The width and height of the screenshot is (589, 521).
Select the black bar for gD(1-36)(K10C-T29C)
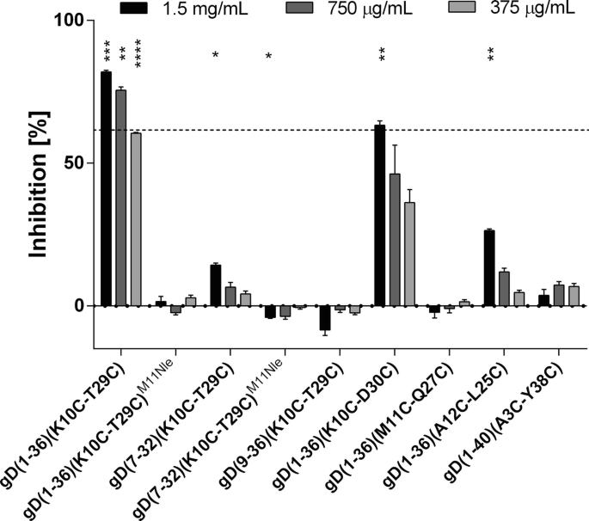click(106, 188)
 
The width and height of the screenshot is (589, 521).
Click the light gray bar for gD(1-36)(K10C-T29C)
click(136, 219)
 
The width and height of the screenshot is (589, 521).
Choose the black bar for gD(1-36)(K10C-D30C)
click(379, 215)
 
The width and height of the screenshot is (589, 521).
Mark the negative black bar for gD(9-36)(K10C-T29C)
click(324, 317)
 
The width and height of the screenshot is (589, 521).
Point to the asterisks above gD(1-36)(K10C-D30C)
click(381, 55)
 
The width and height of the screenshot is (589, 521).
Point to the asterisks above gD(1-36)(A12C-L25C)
click(490, 55)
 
